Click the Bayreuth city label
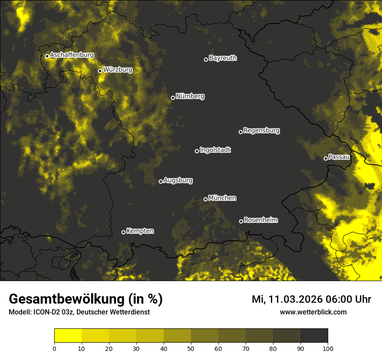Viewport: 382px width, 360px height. coord(223,58)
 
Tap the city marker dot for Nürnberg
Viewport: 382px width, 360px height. coord(173,98)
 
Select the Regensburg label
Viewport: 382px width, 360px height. coord(261,131)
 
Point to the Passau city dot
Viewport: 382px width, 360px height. coord(326,158)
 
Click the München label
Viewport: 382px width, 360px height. coord(222,198)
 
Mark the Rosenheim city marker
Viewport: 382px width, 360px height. coord(241,221)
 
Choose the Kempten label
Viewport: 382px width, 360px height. coord(140,231)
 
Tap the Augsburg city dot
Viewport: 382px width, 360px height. coord(161,181)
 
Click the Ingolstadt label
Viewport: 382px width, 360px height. coord(215,150)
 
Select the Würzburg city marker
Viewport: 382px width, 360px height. coord(100,71)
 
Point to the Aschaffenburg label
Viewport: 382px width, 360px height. coord(72,55)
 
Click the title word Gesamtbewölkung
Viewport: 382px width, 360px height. coord(67,299)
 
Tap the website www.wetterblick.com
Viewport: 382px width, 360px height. coord(313,312)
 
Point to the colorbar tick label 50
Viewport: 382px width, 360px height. coord(191,348)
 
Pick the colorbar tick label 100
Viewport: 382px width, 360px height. coord(327,348)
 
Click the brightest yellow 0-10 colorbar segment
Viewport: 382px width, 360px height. coord(68,335)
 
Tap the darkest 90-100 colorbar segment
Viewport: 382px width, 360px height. coord(314,335)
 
